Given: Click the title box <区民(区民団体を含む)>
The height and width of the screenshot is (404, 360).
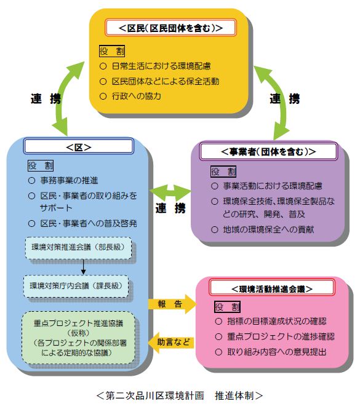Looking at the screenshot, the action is (x=170, y=28).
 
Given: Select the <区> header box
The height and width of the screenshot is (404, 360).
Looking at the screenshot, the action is (x=79, y=146).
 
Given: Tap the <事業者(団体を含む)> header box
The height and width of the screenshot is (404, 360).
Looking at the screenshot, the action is (x=268, y=151).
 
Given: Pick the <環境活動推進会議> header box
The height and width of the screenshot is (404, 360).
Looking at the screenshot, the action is (x=272, y=288).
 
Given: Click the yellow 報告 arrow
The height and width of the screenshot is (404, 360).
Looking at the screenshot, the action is (x=172, y=304).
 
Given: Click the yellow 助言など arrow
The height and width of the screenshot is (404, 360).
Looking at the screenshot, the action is (x=171, y=342).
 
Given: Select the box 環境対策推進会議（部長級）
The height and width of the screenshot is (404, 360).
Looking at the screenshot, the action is (x=78, y=248).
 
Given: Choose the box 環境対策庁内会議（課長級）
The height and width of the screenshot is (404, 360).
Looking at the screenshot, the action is (x=76, y=286).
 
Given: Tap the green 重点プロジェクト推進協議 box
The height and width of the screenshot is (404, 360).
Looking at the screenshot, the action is (x=78, y=338).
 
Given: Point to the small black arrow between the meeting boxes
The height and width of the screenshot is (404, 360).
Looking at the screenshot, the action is (x=83, y=267).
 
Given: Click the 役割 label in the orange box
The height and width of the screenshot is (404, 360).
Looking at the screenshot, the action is (x=112, y=51).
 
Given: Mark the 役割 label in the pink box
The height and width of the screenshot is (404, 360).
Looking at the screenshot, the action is (x=228, y=307).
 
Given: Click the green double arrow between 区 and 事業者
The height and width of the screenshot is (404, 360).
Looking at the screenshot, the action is (x=170, y=191).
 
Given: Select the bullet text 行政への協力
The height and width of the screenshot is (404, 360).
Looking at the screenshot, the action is (x=137, y=96).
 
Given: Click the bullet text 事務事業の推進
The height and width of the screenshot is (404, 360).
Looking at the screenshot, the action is (x=69, y=180).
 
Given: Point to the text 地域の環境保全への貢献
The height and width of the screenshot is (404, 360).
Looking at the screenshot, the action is (x=268, y=229).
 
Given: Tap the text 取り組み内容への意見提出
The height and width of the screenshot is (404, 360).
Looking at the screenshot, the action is (x=277, y=352).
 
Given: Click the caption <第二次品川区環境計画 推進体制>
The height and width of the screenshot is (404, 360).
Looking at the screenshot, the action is (x=180, y=395).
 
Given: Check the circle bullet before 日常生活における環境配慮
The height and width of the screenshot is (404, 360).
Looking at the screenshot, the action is (x=103, y=66).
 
